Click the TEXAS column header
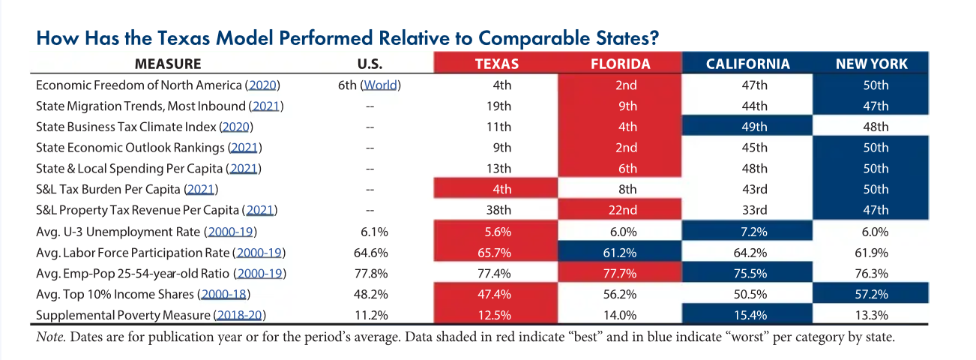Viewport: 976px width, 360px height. pyautogui.click(x=496, y=64)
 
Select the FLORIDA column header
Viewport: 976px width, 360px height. pyautogui.click(x=620, y=64)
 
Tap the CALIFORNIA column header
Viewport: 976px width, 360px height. pyautogui.click(x=748, y=64)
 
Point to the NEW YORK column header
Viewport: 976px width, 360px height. pyautogui.click(x=871, y=64)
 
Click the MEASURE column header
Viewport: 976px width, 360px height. pyautogui.click(x=168, y=64)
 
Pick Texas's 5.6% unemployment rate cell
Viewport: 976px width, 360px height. pyautogui.click(x=496, y=232)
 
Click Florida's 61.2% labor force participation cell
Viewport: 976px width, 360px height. pyautogui.click(x=620, y=252)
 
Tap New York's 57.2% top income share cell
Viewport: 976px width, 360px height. pyautogui.click(x=871, y=294)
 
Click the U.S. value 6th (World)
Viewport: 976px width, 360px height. pyautogui.click(x=369, y=85)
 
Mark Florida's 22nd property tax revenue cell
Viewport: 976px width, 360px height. pyautogui.click(x=620, y=210)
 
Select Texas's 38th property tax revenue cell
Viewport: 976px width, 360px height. pyautogui.click(x=496, y=210)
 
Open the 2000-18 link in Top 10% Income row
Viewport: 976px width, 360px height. pyautogui.click(x=226, y=294)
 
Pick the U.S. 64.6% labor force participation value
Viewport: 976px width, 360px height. pyautogui.click(x=369, y=252)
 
